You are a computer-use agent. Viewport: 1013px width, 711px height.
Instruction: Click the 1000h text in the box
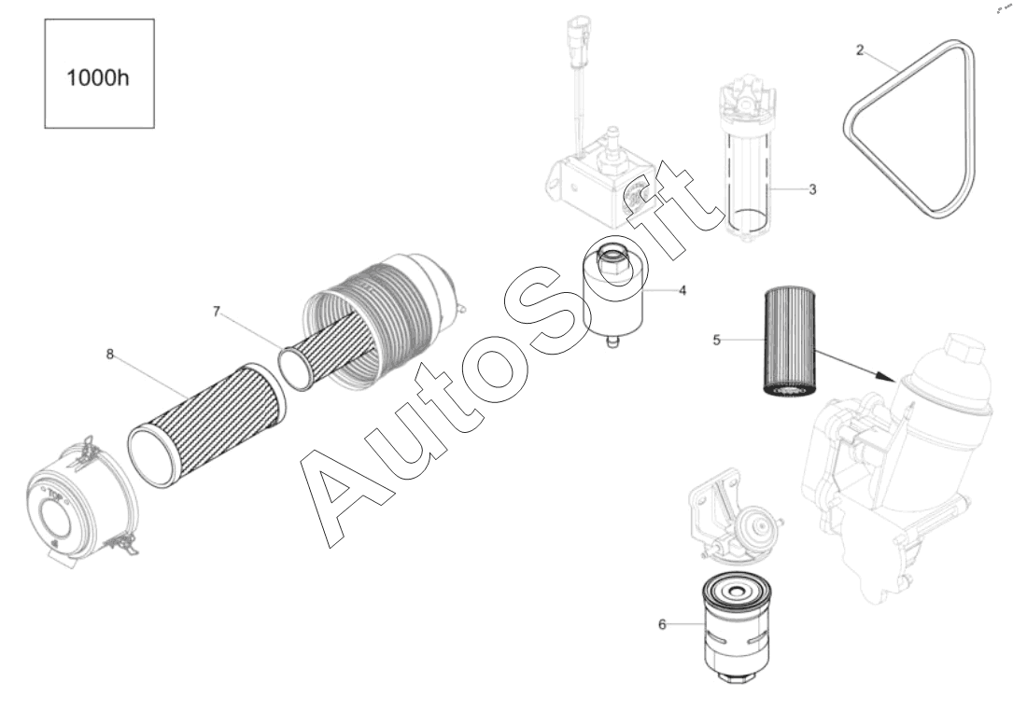(98, 77)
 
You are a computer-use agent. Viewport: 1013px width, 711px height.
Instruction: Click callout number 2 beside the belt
(860, 49)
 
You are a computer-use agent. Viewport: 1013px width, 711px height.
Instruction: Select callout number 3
(812, 189)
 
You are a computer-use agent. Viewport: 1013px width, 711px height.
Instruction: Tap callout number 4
(682, 290)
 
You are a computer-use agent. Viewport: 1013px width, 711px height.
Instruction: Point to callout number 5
(716, 340)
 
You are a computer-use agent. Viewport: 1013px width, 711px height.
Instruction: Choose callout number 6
(662, 624)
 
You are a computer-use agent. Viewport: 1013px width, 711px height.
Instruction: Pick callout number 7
(217, 312)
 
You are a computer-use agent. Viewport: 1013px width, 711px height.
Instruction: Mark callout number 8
(110, 354)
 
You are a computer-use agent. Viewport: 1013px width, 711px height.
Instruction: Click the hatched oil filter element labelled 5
(790, 342)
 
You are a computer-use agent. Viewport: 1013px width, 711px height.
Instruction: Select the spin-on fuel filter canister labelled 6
(735, 625)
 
